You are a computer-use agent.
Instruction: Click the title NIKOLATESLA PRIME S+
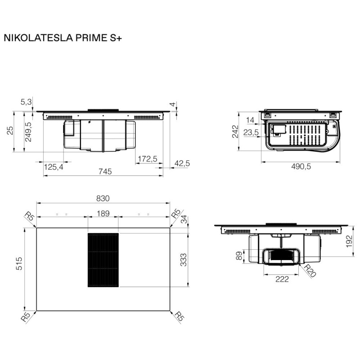pos(63,38)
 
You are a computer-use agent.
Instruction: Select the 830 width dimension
pos(103,198)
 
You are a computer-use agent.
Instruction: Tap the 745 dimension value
pos(104,171)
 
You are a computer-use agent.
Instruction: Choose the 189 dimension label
pos(103,213)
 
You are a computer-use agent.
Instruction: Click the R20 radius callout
pos(310,271)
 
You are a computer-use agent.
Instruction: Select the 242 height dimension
pos(235,132)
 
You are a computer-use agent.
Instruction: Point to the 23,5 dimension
pos(251,133)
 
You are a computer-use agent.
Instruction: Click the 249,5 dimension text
pos(28,132)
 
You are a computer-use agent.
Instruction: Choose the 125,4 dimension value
pos(54,167)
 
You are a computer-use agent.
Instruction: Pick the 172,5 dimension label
pos(147,158)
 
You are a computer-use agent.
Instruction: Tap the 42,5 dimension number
pos(182,163)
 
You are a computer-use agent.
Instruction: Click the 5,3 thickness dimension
pos(27,102)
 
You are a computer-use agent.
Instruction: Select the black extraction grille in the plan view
pos(103,260)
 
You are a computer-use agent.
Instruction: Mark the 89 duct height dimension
pos(238,256)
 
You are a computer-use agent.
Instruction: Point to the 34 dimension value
pos(184,220)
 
